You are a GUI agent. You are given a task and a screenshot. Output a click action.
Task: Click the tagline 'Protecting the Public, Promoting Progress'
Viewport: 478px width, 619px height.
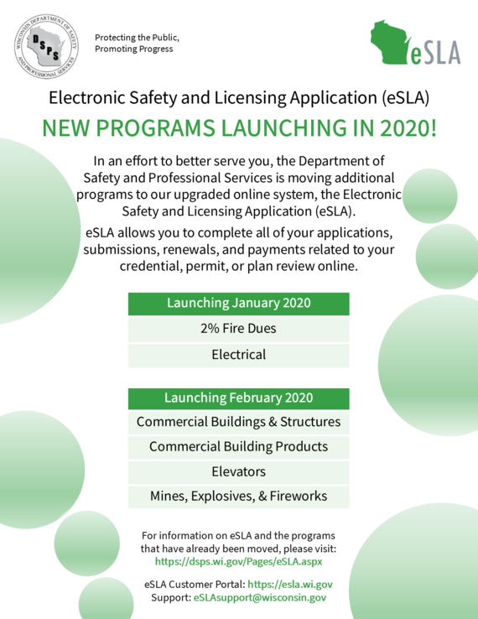(137, 43)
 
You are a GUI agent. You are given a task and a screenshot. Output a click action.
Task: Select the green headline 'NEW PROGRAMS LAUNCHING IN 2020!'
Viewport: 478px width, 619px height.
(239, 129)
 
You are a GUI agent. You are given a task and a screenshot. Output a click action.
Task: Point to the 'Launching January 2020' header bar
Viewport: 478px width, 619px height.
(238, 303)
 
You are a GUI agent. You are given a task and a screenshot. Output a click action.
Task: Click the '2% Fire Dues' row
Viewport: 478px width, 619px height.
(238, 329)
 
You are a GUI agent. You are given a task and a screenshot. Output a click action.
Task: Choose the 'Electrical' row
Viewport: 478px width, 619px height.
(238, 354)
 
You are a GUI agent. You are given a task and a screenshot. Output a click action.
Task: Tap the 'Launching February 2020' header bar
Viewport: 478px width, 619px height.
(238, 398)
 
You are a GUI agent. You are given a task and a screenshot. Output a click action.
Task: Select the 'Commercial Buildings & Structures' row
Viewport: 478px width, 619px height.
(238, 421)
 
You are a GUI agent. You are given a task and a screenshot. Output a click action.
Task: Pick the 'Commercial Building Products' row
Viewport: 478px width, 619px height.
(238, 446)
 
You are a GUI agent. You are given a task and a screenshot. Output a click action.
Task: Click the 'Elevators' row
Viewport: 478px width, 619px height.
(238, 471)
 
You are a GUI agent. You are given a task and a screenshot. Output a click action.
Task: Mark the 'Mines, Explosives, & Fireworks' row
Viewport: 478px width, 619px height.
(238, 497)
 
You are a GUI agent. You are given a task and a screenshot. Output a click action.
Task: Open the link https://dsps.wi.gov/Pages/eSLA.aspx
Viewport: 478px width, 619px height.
(239, 560)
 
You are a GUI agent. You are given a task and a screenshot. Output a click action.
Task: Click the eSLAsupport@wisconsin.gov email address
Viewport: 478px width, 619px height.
(259, 598)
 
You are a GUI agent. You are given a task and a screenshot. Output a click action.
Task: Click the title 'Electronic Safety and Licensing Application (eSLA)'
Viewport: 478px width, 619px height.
(239, 97)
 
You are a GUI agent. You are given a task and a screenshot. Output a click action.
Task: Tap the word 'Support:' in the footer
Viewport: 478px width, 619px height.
(170, 598)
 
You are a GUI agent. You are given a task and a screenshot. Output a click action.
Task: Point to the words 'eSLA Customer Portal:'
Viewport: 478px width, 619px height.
(194, 585)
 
